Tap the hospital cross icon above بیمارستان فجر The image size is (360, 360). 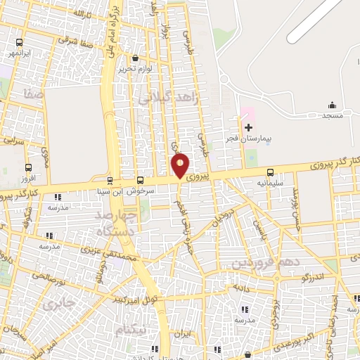pyautogui.click(x=248, y=127)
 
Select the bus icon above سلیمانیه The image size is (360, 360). pyautogui.click(x=271, y=172)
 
